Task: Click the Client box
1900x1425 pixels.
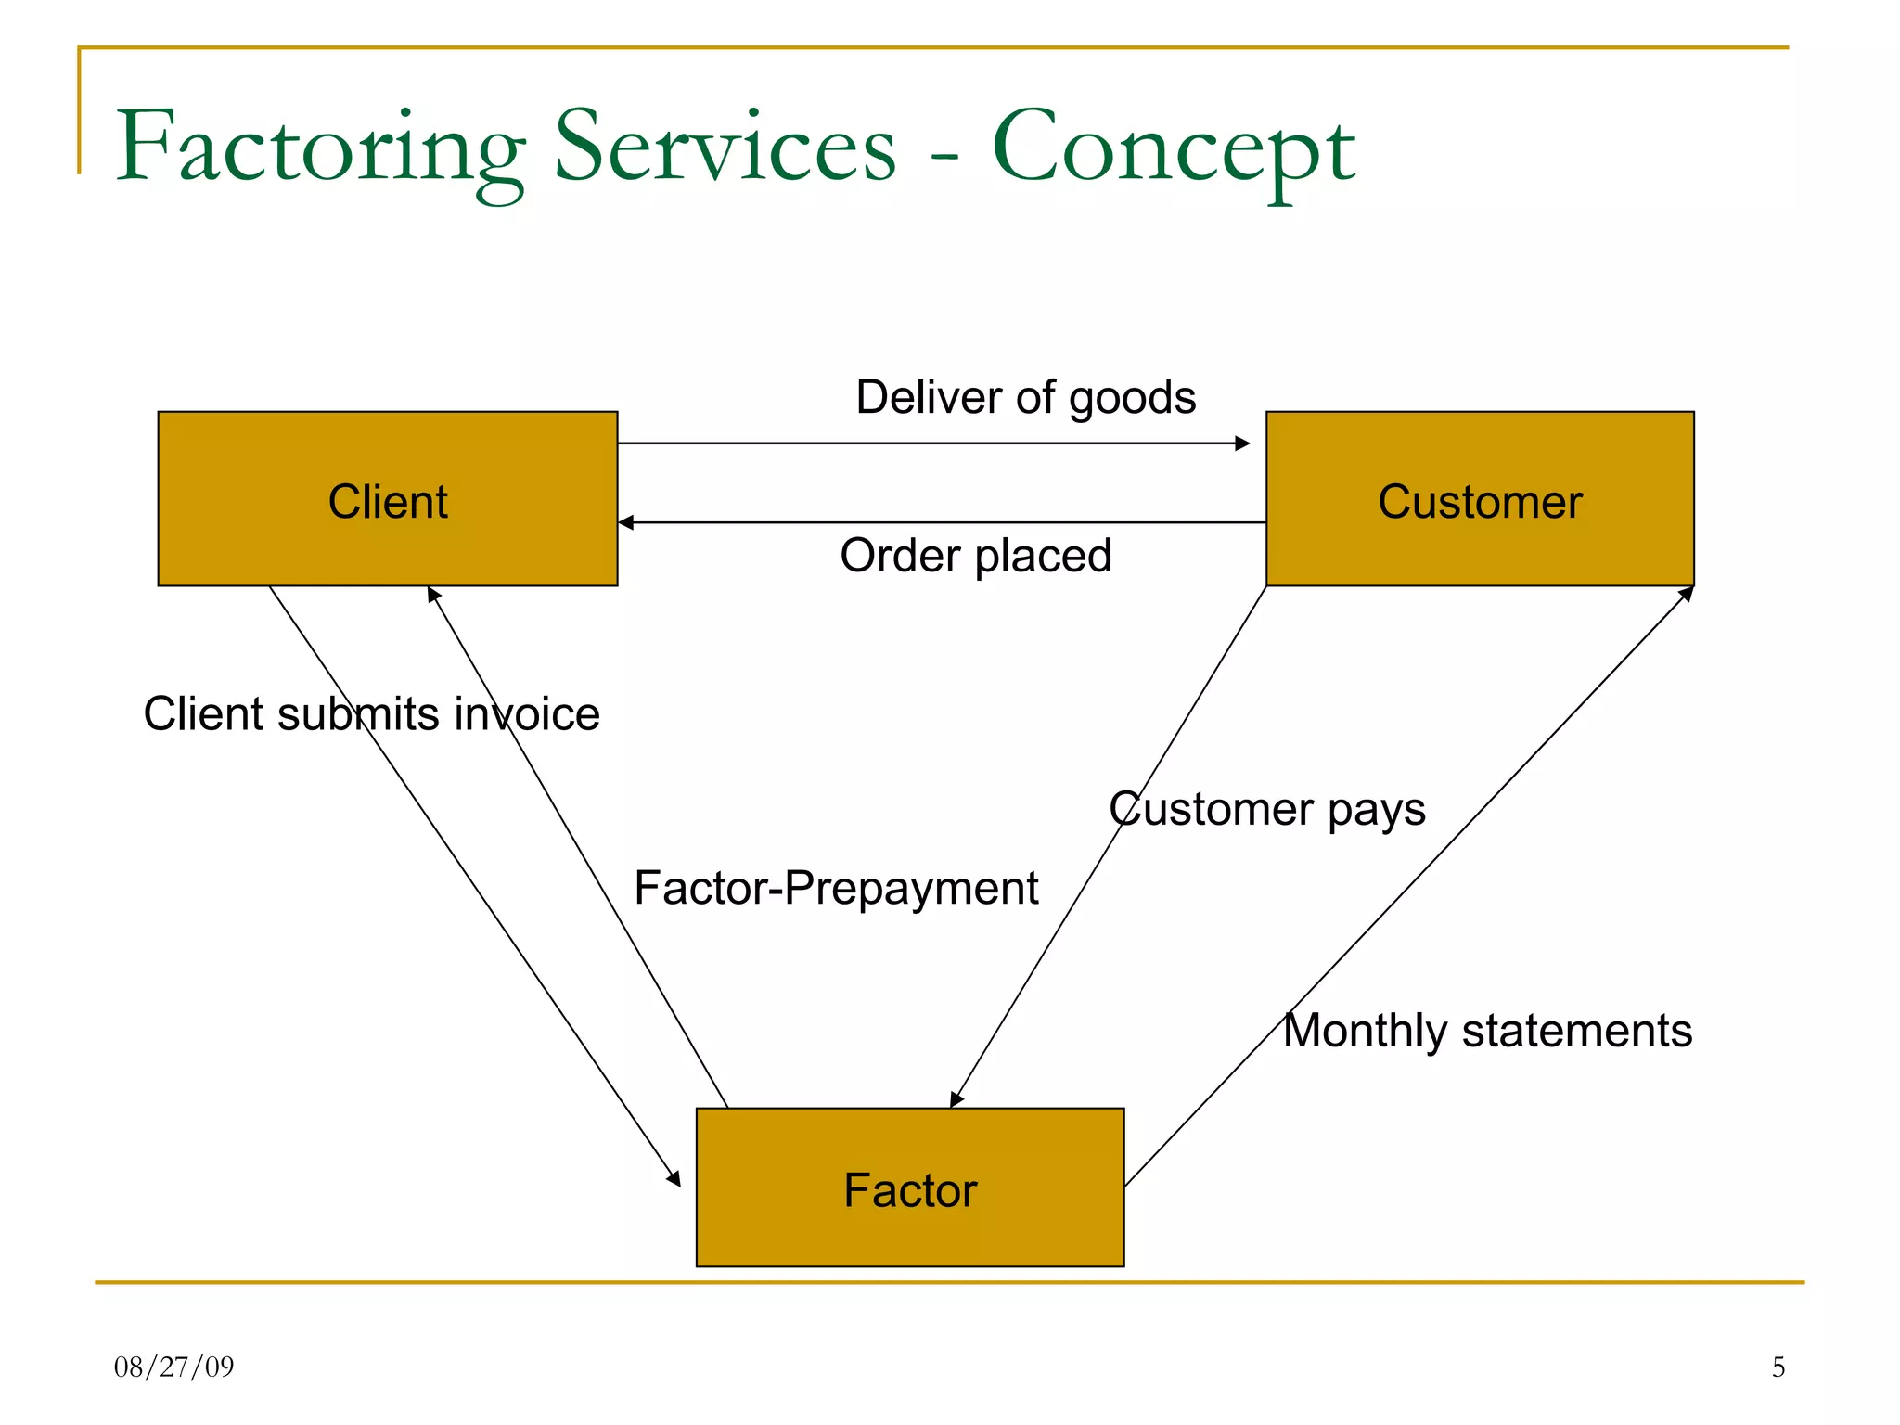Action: pyautogui.click(x=388, y=499)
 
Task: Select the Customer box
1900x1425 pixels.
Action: pyautogui.click(x=1480, y=499)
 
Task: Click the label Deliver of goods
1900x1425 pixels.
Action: pyautogui.click(x=1025, y=397)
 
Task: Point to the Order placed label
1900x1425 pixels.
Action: pyautogui.click(x=975, y=556)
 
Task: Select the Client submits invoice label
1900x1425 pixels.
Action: pyautogui.click(x=371, y=714)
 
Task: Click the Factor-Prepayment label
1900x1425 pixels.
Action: pyautogui.click(x=836, y=888)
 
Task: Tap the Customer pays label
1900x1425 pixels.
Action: pyautogui.click(x=1267, y=809)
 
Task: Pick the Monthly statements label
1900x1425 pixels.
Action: pyautogui.click(x=1487, y=1031)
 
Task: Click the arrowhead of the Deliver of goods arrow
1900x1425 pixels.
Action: pyautogui.click(x=1243, y=443)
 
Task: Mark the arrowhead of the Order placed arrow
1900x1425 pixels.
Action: pyautogui.click(x=626, y=522)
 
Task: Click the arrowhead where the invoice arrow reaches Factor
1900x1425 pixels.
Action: pyautogui.click(x=674, y=1178)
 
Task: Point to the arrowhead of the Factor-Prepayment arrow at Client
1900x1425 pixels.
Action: pyautogui.click(x=433, y=594)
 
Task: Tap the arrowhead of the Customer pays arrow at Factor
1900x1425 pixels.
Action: pyautogui.click(x=956, y=1099)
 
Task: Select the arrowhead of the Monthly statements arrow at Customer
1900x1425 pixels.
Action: pyautogui.click(x=1687, y=594)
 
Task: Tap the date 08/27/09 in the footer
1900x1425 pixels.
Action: pyautogui.click(x=173, y=1367)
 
